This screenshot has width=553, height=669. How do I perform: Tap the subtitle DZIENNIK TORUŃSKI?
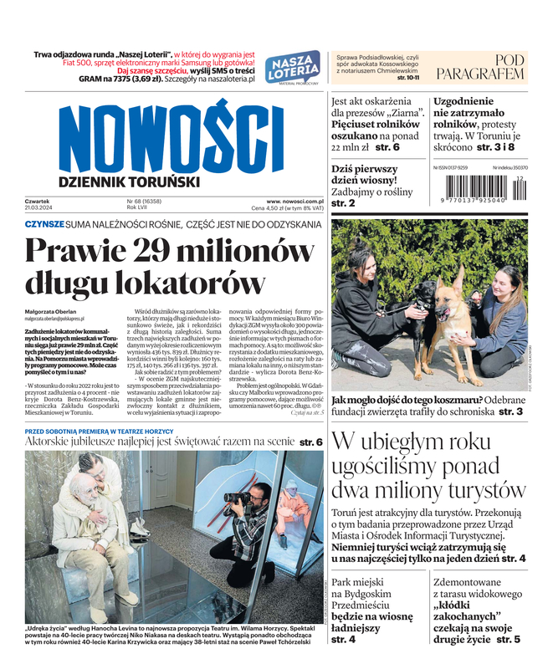click(x=129, y=181)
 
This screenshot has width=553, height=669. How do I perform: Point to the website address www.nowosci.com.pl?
click(x=294, y=202)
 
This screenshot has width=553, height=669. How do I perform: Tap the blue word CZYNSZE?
click(x=44, y=225)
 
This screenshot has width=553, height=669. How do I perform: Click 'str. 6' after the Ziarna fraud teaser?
click(x=387, y=147)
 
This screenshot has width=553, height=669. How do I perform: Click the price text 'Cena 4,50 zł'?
click(x=273, y=208)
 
